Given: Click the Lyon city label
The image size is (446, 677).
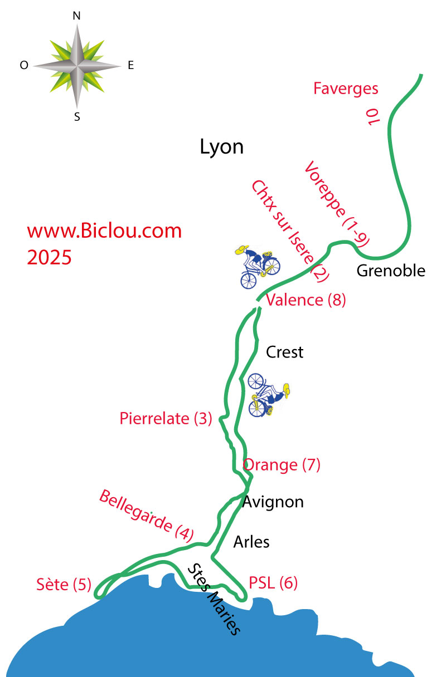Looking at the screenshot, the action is click(x=221, y=148).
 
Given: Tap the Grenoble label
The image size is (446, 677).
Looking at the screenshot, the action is click(x=391, y=271).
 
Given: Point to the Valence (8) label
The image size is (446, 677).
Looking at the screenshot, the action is click(x=306, y=300).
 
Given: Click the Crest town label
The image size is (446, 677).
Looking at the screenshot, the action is click(x=284, y=352).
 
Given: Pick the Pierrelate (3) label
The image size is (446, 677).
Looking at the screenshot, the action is click(x=166, y=419).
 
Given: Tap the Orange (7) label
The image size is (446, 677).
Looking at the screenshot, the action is click(x=282, y=465).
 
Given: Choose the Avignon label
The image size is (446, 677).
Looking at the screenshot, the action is click(x=273, y=502).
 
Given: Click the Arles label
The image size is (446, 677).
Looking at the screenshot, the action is click(x=251, y=542).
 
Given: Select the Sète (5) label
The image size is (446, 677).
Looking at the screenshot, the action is click(x=64, y=584).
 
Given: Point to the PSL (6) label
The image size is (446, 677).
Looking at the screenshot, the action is click(x=273, y=583).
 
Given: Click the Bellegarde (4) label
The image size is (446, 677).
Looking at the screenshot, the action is click(x=147, y=516).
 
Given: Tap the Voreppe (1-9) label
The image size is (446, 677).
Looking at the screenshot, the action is click(x=337, y=204).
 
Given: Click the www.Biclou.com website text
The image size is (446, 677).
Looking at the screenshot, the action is click(x=104, y=231).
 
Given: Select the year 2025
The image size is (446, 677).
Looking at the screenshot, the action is click(x=49, y=258).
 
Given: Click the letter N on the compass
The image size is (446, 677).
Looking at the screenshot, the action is click(x=76, y=16).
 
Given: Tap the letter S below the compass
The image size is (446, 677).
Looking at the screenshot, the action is click(x=77, y=117).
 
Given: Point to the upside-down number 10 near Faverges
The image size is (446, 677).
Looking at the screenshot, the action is click(x=372, y=117).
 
